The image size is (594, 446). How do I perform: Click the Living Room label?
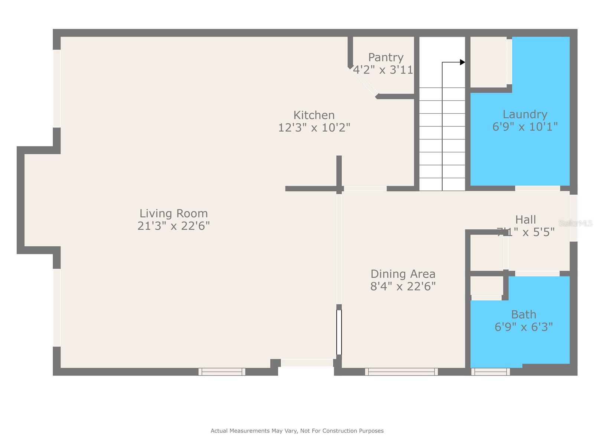click(x=173, y=213)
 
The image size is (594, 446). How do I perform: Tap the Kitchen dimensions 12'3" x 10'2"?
click(x=314, y=127)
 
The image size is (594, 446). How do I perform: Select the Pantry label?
click(x=386, y=57)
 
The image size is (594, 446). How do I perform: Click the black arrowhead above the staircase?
click(x=462, y=62)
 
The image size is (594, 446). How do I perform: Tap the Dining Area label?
click(x=403, y=274)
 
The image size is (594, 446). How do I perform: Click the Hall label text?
click(x=525, y=219)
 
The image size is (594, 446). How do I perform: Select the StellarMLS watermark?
click(x=575, y=223)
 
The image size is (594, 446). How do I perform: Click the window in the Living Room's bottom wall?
click(x=222, y=371)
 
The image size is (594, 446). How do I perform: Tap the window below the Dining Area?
click(x=401, y=371)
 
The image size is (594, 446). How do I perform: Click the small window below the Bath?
click(x=490, y=371)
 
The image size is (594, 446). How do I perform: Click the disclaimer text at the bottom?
click(x=297, y=431)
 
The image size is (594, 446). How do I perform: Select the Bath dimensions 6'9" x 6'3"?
click(x=523, y=327)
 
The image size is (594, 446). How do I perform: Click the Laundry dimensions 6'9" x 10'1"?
click(x=525, y=127)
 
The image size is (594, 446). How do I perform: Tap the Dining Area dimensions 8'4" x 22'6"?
click(x=403, y=286)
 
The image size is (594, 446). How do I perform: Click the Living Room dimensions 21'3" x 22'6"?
click(x=173, y=226)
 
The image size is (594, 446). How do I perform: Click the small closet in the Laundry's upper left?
click(x=488, y=62)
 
